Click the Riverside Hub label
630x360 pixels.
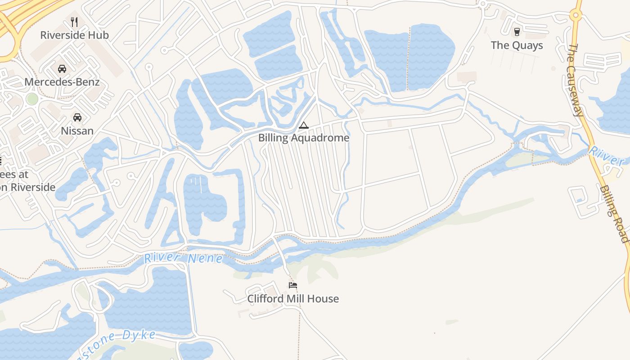click(x=74, y=35)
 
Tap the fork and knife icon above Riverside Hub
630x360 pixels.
click(x=74, y=22)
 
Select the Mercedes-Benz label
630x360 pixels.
click(x=62, y=82)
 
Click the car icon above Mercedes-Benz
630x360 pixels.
click(x=62, y=68)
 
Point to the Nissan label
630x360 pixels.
click(x=77, y=131)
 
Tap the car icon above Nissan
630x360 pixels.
click(x=77, y=117)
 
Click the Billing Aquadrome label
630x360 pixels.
click(x=303, y=138)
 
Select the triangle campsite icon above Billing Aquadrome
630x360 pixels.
click(x=304, y=125)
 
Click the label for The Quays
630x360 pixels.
click(x=517, y=45)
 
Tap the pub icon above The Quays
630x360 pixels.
click(x=517, y=32)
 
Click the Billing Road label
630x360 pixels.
click(x=614, y=214)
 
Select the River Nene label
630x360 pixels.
click(x=183, y=259)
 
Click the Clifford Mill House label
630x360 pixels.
click(x=293, y=299)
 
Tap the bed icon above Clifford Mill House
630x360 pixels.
click(x=293, y=285)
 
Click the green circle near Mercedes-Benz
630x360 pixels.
click(x=32, y=99)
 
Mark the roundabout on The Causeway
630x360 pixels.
click(x=575, y=15)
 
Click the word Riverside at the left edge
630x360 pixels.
click(x=30, y=187)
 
